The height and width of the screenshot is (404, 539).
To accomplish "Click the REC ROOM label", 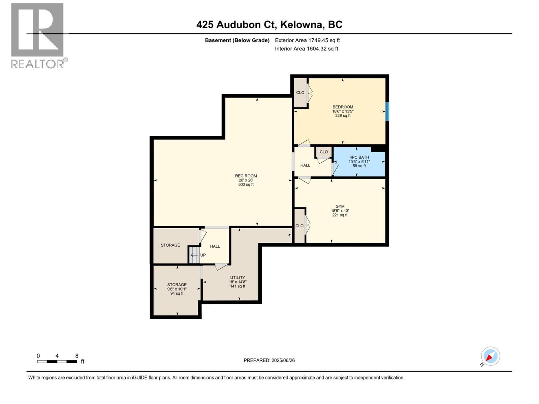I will [x=246, y=176].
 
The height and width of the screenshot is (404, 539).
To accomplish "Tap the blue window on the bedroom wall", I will [x=387, y=111].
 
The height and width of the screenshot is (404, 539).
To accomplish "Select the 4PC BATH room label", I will [x=359, y=157].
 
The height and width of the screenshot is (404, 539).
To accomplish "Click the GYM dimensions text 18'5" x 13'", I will [x=340, y=211].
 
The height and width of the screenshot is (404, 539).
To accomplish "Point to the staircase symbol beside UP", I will [x=194, y=255].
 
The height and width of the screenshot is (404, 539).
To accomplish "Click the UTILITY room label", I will [x=237, y=278].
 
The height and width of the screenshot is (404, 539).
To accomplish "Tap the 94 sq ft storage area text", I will [x=177, y=294].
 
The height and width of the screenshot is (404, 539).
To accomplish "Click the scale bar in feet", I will [x=57, y=362].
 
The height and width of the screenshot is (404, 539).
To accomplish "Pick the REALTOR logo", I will [x=38, y=35].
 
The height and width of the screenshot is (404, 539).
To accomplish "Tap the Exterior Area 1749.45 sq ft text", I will [x=307, y=40].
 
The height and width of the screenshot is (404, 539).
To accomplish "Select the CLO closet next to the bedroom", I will [x=300, y=93].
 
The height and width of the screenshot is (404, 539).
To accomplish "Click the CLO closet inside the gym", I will [x=299, y=226].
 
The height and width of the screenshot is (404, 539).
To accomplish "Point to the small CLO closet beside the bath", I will [x=324, y=152].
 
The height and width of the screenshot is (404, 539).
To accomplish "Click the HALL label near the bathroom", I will [x=305, y=165].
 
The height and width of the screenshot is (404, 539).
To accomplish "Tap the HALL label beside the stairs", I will [x=215, y=246].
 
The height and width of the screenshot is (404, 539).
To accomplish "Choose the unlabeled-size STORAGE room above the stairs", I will [x=170, y=245].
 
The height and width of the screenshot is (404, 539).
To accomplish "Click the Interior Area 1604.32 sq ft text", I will [x=306, y=49].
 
